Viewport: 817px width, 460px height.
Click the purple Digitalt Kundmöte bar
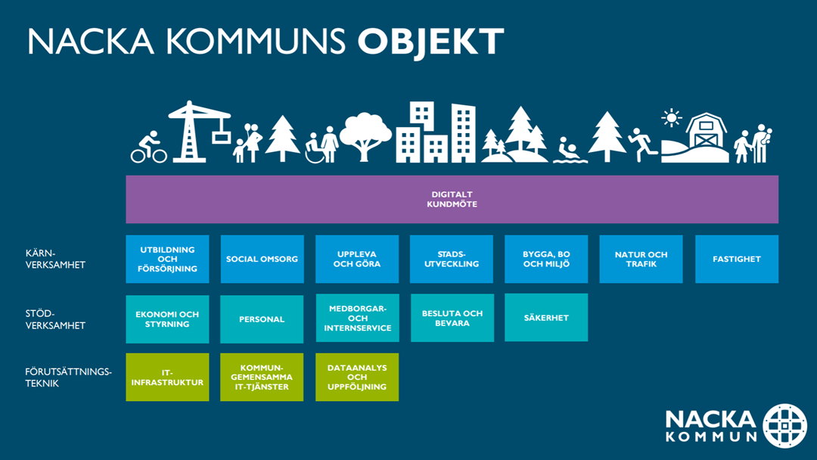[452, 200]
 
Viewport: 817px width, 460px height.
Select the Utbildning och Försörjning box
[167, 259]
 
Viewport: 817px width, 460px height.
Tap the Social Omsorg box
[262, 259]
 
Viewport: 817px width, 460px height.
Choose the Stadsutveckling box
[451, 259]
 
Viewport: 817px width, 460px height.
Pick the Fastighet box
[737, 259]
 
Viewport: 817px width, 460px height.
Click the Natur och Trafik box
[641, 259]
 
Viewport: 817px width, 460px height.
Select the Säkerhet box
[546, 317]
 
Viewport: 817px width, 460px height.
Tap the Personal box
[262, 319]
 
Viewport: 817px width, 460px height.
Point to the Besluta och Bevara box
[452, 318]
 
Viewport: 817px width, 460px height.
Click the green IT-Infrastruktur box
[167, 378]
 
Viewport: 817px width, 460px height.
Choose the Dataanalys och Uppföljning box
[357, 378]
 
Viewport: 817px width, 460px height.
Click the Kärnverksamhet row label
[55, 259]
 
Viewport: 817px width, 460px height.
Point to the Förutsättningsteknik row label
[68, 378]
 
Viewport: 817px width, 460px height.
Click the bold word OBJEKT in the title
[430, 42]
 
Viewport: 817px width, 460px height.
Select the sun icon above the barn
[672, 118]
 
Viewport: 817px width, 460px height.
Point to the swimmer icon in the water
[570, 151]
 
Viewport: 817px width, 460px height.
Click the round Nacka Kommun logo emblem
[784, 426]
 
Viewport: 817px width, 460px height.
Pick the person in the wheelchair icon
[314, 148]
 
